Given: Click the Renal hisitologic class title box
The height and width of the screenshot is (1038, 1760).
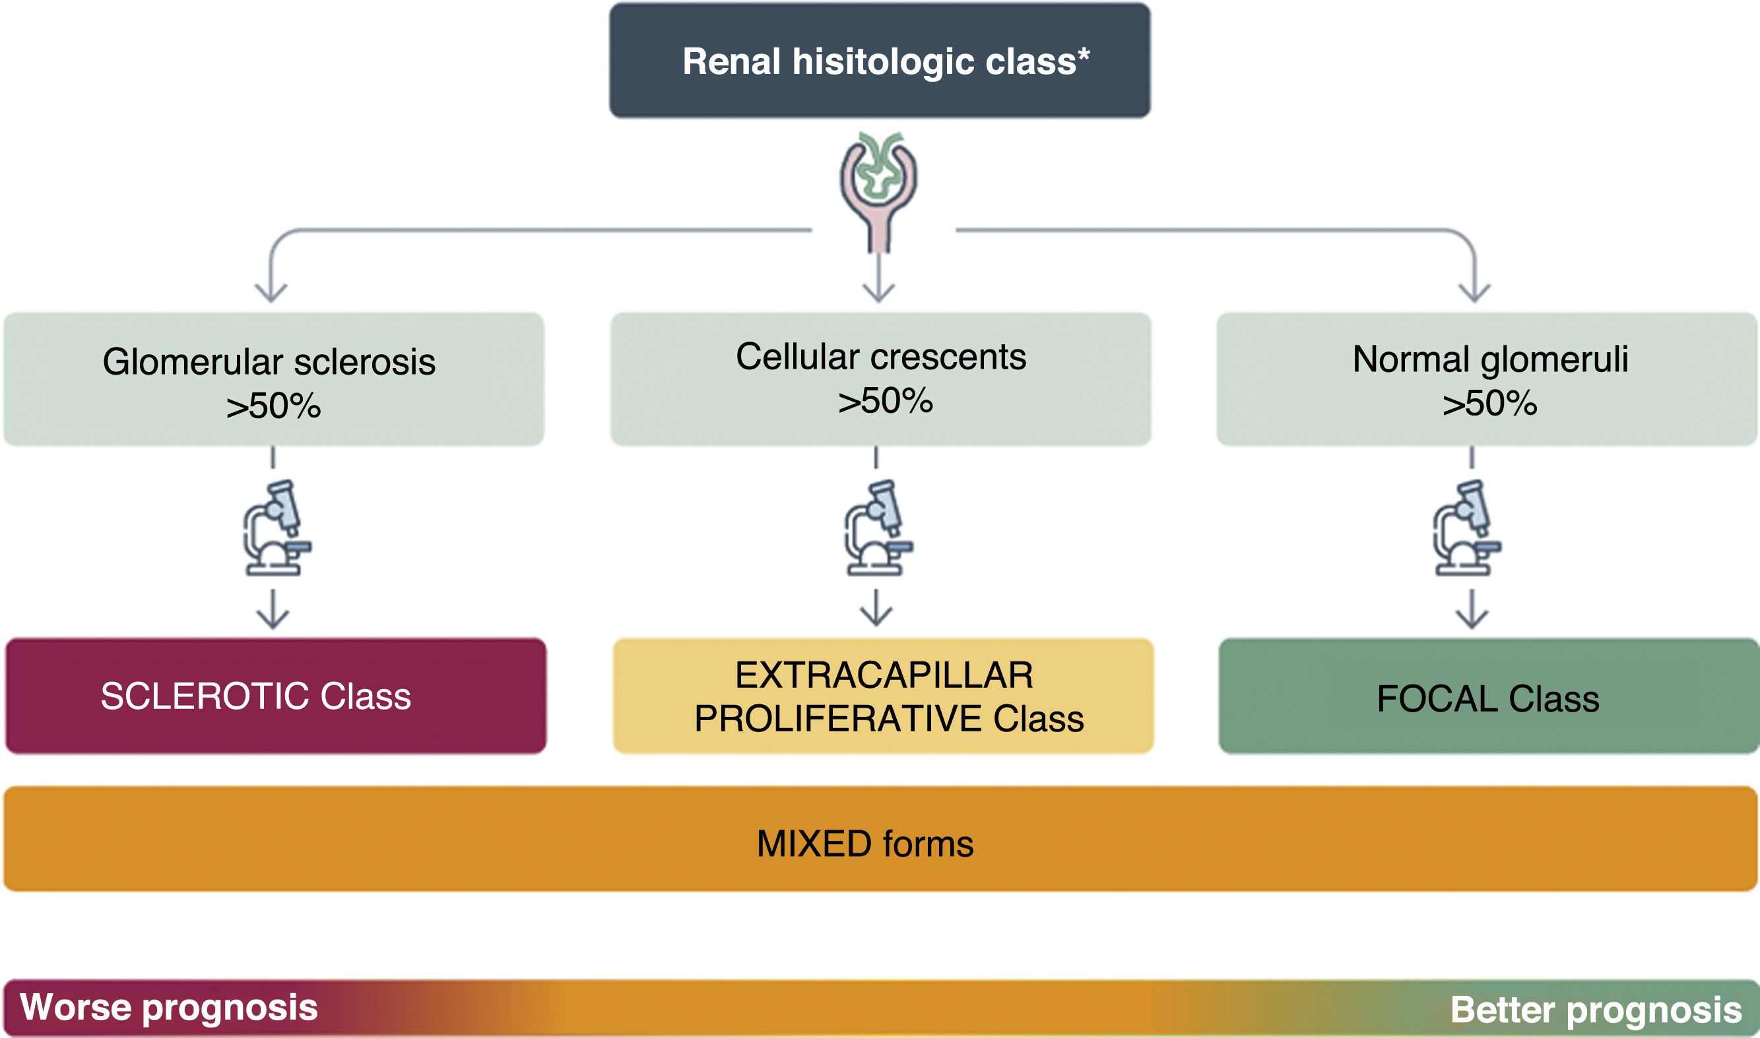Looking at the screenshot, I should pos(879,61).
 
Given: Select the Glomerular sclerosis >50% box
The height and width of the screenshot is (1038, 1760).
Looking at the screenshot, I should pos(273,379).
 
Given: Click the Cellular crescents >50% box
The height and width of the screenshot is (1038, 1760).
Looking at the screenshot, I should pos(880,379).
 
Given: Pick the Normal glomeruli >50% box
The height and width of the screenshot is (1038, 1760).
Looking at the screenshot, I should pos(1487,379).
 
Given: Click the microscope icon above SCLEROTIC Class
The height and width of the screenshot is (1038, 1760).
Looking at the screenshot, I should pos(277,528).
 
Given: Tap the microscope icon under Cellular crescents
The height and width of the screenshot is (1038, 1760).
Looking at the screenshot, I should pos(878,528).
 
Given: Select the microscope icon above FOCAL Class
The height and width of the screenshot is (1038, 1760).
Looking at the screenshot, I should pos(1467,528).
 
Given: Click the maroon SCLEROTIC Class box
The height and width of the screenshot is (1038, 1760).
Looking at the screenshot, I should pos(276,696).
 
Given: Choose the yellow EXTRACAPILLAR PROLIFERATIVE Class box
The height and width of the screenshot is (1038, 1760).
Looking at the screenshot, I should pos(883,696).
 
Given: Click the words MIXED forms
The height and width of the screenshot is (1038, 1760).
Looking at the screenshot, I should pos(865,844).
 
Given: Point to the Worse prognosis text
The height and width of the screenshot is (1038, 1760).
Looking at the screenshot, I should pos(169,1007).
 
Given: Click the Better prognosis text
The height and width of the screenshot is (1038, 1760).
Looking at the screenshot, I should pos(1596,1010).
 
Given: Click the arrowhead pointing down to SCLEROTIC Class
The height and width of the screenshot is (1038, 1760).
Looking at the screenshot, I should pos(273,619).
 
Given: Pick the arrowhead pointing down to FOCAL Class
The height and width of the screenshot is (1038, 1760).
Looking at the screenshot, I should pos(1472,619).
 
